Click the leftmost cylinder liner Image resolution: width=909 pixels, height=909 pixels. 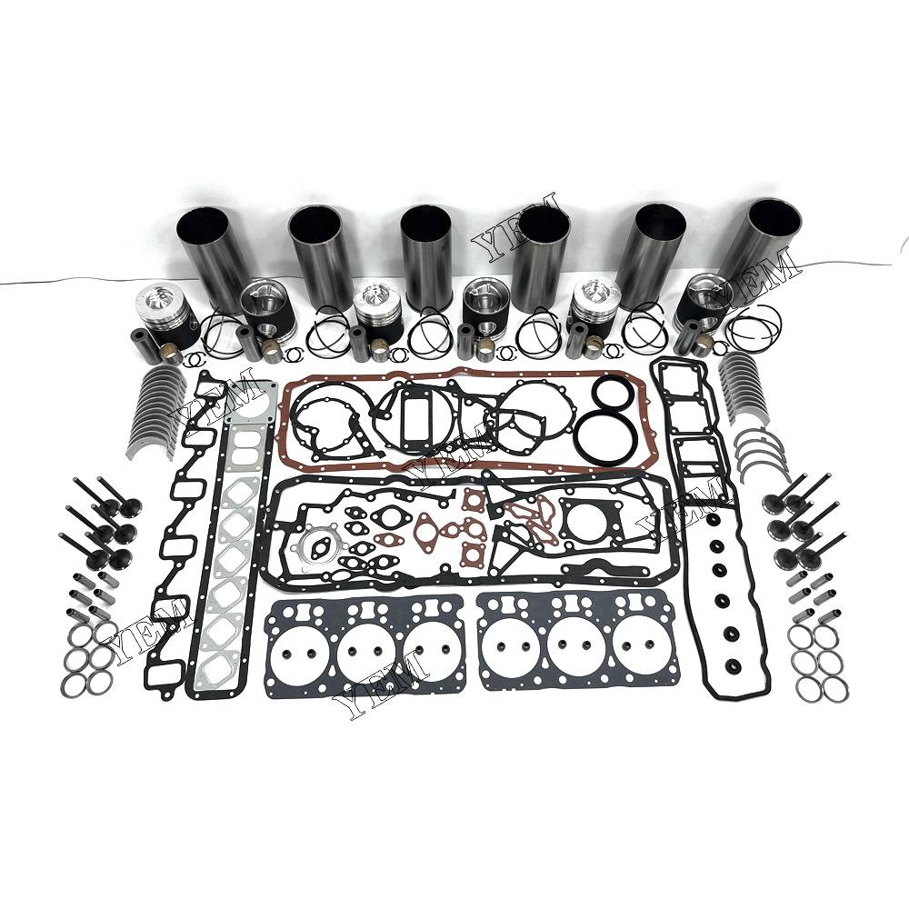pos(210,258)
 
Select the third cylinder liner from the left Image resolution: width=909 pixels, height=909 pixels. pos(426,258)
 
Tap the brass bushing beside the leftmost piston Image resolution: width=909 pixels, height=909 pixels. pos(172,354)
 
